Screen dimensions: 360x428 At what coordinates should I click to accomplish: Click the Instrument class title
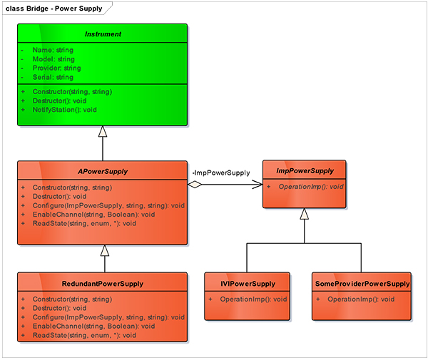click(x=103, y=34)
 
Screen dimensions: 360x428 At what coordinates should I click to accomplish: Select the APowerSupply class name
click(x=103, y=171)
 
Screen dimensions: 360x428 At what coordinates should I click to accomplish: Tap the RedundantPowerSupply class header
click(x=103, y=283)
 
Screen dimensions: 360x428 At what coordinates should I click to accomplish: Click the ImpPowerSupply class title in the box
click(x=305, y=170)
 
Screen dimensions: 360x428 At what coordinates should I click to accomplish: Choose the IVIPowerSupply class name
click(x=248, y=283)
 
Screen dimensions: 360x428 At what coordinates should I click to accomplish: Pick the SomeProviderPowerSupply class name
click(x=362, y=283)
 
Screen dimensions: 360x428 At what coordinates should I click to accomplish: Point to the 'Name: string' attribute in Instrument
click(x=53, y=51)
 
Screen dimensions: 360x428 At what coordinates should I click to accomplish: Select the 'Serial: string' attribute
click(x=53, y=76)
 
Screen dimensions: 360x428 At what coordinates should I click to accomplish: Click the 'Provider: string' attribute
click(x=57, y=68)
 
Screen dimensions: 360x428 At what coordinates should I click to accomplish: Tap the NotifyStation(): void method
click(x=64, y=110)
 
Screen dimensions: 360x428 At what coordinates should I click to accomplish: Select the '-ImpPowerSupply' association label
click(x=221, y=173)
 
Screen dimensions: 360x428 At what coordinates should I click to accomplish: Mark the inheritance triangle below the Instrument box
click(x=103, y=132)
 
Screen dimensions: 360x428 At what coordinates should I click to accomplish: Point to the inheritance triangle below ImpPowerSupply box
click(x=304, y=214)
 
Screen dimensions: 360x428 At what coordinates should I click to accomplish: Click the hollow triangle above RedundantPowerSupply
click(x=104, y=250)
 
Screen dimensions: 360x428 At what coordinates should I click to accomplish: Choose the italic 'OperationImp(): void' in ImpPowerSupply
click(x=311, y=186)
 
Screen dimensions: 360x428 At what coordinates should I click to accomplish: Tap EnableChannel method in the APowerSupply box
click(x=93, y=214)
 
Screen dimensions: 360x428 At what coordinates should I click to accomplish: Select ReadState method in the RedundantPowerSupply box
click(x=84, y=335)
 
